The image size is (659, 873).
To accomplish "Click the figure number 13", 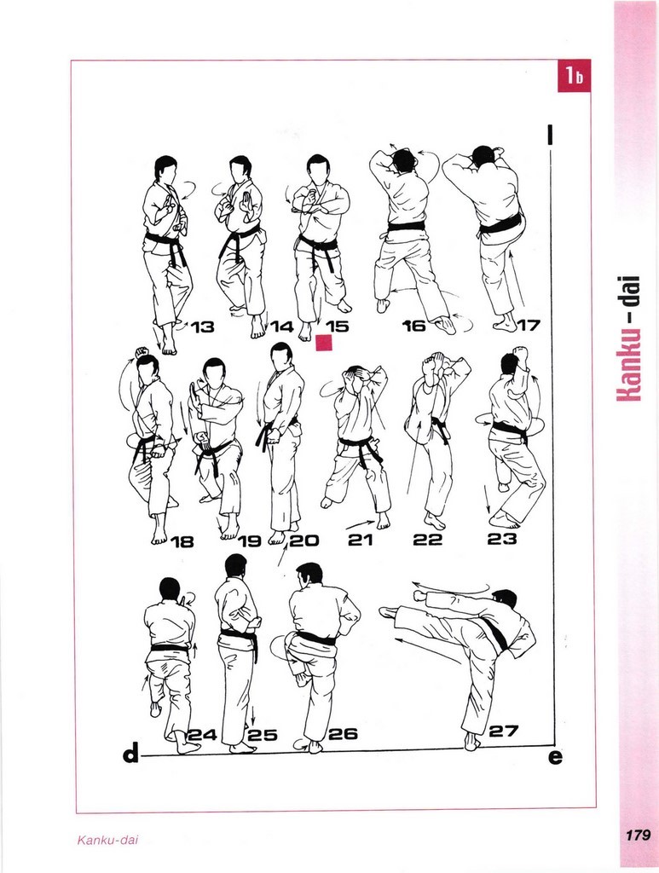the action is coord(203,327).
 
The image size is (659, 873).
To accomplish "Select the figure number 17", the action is coord(529,325).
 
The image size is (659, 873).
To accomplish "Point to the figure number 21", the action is coord(360,540).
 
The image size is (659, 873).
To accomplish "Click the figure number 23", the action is coord(502,539).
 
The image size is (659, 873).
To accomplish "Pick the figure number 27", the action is coord(504,731).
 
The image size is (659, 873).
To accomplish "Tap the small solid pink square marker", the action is coord(324,344).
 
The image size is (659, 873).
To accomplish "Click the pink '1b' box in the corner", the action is coord(574,76).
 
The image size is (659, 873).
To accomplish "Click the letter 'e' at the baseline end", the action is coord(555,757).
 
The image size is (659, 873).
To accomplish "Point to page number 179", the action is coord(638,835).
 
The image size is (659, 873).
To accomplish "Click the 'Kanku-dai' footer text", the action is coord(107,840).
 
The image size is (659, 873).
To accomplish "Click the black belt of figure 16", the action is coord(407,227).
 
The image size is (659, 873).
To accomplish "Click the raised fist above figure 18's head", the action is coord(142,351).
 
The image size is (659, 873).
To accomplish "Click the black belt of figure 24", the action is coord(169,649).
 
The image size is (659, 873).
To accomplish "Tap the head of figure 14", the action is coord(240,168).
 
